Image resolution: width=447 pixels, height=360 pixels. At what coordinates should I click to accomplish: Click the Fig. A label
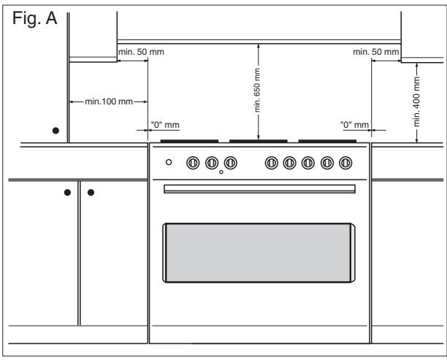(x=35, y=18)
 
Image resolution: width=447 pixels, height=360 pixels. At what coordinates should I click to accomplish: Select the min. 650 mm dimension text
(x=257, y=90)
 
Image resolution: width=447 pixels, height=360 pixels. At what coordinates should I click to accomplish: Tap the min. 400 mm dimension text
(x=416, y=102)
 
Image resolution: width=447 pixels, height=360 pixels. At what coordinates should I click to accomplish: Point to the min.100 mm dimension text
(x=109, y=102)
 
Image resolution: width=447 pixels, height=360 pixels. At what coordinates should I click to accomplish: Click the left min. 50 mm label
(x=141, y=52)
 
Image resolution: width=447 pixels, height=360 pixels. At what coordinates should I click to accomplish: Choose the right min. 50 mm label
(x=375, y=52)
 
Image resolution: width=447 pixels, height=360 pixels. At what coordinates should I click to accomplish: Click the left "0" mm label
(x=165, y=125)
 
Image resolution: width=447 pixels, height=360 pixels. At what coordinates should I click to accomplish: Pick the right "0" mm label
(x=355, y=125)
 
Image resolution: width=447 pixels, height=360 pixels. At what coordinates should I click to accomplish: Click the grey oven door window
(x=259, y=253)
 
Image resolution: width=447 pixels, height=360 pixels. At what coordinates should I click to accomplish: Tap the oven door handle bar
(x=259, y=188)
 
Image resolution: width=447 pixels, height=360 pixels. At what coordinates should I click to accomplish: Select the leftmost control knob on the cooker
(x=193, y=163)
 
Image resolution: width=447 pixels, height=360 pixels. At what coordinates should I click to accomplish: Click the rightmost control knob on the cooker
(x=345, y=163)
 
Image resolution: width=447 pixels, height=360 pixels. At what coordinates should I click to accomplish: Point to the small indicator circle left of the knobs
(x=169, y=162)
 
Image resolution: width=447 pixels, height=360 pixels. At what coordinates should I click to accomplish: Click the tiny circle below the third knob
(x=221, y=172)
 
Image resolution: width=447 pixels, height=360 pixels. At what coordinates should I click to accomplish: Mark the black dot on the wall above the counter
(x=56, y=131)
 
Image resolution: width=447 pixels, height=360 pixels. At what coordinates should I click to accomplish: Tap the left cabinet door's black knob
(x=67, y=192)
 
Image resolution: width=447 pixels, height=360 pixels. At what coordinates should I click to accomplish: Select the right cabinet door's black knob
(x=91, y=192)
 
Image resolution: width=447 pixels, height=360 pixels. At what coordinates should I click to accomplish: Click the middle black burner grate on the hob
(x=259, y=141)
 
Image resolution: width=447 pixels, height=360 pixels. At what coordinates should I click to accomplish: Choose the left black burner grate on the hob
(x=189, y=141)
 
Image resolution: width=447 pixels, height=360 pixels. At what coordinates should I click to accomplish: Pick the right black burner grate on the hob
(x=327, y=141)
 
